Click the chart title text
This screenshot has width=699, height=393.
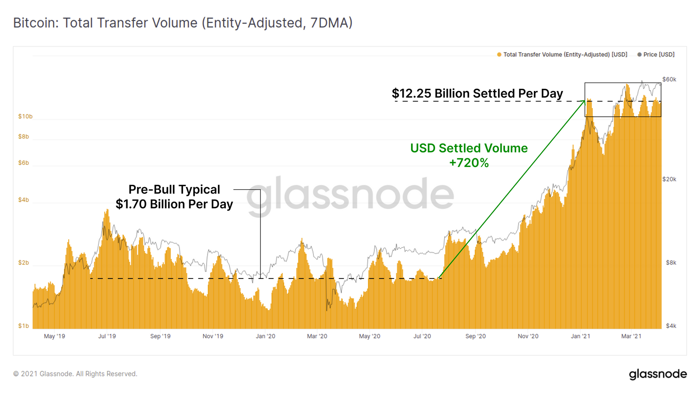click(183, 23)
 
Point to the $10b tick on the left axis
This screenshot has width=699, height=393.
click(25, 116)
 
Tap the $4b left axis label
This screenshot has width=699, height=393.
click(24, 200)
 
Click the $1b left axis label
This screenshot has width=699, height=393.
click(24, 326)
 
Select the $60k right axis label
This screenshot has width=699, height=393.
click(669, 79)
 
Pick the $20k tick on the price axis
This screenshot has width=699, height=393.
click(669, 179)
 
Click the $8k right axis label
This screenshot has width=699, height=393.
click(671, 263)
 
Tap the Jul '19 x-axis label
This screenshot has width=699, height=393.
click(107, 336)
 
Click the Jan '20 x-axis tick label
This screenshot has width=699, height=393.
click(266, 336)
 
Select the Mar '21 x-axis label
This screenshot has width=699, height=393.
click(631, 336)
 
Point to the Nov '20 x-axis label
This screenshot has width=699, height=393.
click(528, 336)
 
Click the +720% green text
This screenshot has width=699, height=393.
click(469, 163)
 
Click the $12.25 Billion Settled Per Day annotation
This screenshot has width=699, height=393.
click(477, 94)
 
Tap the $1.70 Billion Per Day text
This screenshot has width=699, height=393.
click(174, 204)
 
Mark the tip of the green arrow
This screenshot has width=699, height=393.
click(584, 101)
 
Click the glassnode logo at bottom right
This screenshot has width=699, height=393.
click(657, 374)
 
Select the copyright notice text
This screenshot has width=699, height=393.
click(75, 374)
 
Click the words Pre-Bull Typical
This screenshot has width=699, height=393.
click(174, 189)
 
